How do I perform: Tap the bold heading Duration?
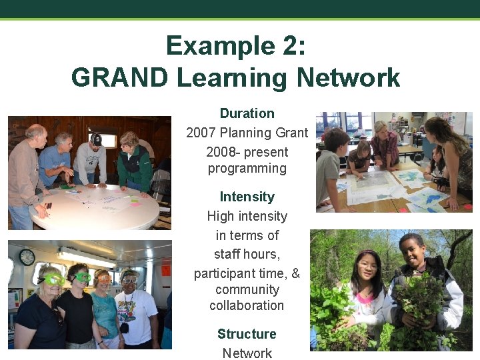click(x=247, y=113)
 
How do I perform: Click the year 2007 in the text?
click(x=201, y=133)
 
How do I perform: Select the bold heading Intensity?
click(x=247, y=197)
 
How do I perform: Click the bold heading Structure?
click(x=247, y=334)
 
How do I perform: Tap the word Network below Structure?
click(x=247, y=353)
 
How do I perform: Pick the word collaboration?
click(x=247, y=305)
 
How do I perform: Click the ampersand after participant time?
click(x=296, y=273)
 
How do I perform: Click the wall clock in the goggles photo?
click(x=27, y=257)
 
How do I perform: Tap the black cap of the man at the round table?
click(x=97, y=139)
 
